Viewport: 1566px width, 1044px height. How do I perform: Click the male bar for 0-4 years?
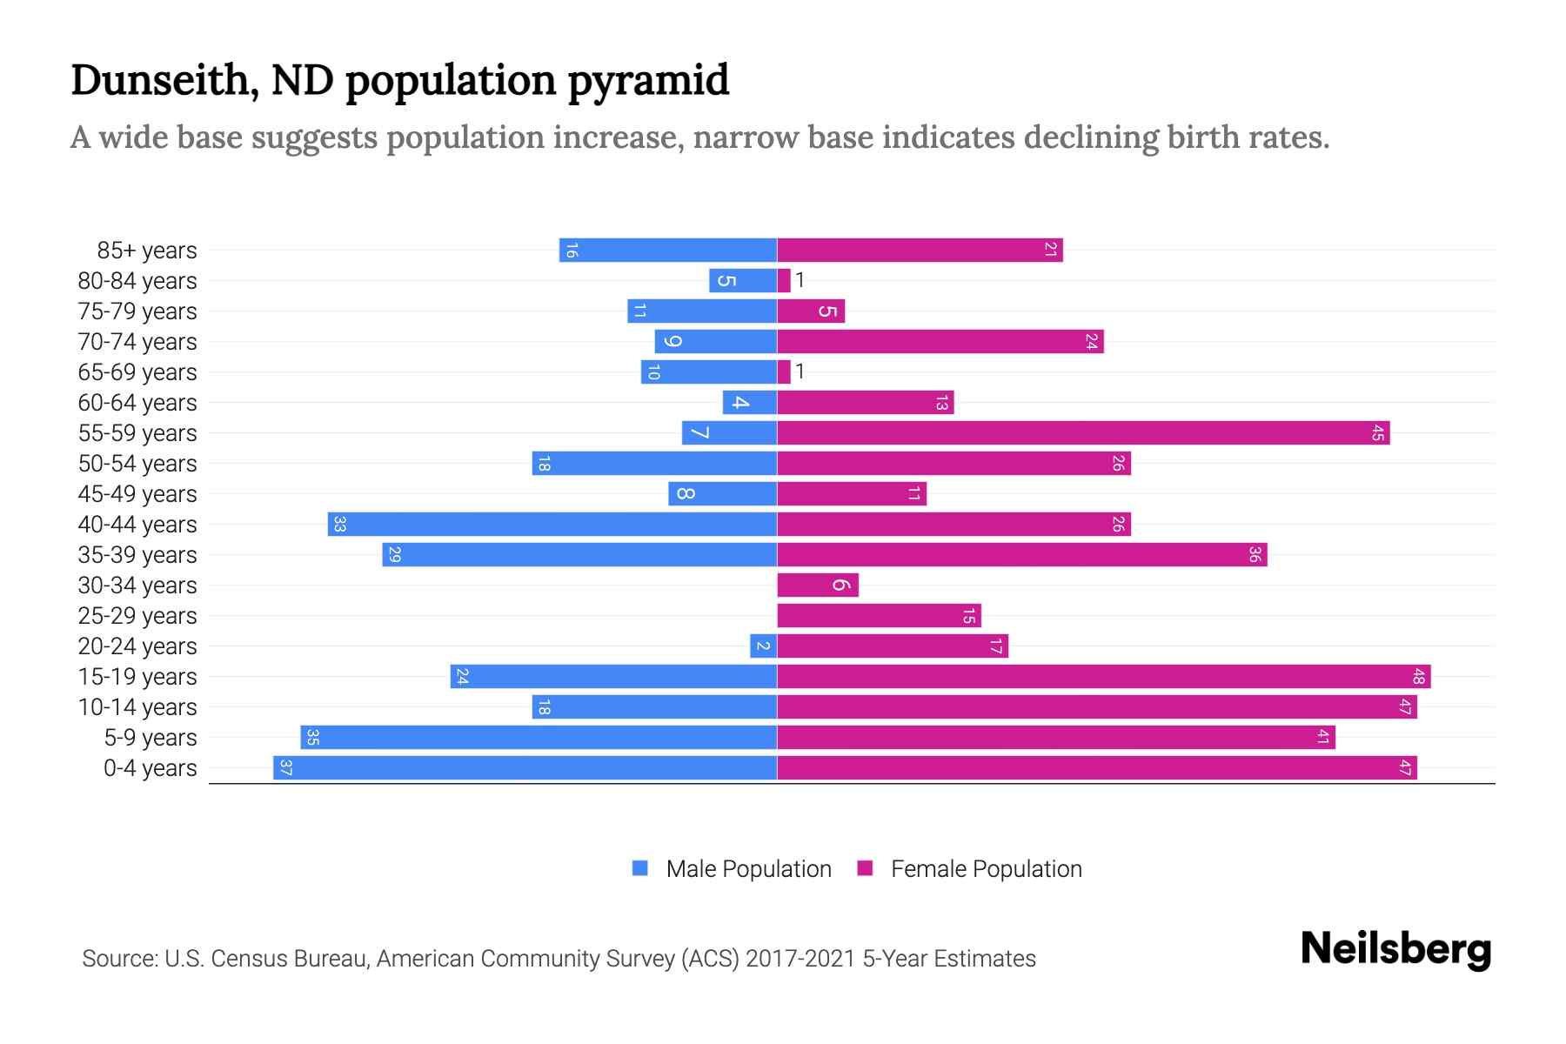(525, 768)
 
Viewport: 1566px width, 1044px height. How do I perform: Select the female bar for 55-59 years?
(1083, 433)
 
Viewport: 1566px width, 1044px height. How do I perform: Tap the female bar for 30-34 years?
(817, 586)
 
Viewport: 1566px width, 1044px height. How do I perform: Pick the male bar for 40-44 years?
(552, 525)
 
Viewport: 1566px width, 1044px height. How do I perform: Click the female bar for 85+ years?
(920, 251)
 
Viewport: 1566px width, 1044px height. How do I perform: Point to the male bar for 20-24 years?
(763, 646)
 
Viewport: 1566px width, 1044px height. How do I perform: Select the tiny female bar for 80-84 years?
(784, 281)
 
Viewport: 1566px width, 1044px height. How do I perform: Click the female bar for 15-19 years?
(1103, 677)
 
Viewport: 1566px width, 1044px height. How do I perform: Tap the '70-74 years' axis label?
(137, 342)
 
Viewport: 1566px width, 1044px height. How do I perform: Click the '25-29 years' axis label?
(137, 616)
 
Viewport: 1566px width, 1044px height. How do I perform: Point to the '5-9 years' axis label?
(151, 738)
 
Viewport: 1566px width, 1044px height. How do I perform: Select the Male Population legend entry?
(731, 869)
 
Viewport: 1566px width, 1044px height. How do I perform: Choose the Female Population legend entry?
(969, 869)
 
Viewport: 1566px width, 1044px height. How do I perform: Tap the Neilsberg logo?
(1395, 949)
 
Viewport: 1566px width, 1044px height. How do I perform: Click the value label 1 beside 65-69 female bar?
(800, 372)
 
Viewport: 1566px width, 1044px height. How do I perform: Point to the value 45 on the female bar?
(1377, 433)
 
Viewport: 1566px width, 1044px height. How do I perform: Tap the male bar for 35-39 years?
(579, 555)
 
